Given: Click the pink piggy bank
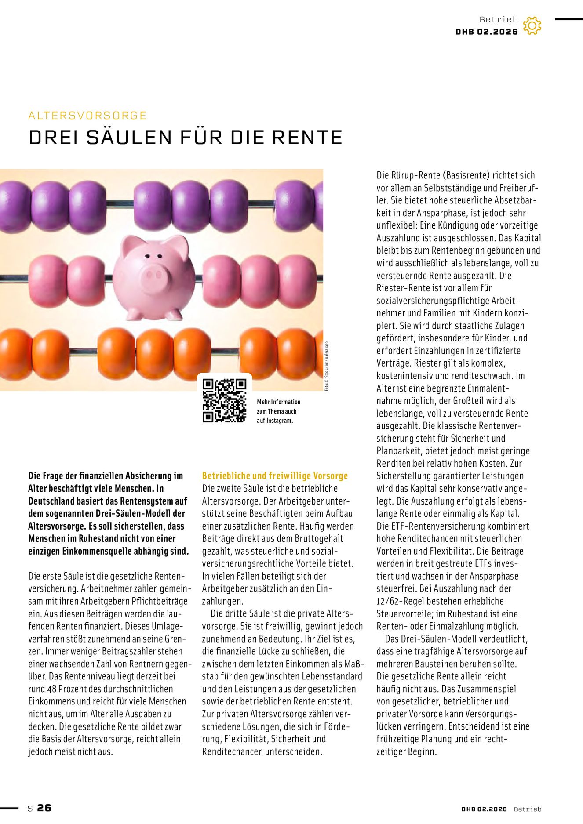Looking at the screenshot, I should click(x=154, y=277).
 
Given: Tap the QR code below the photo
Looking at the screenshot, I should click(x=224, y=400).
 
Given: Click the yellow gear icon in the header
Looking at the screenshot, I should click(x=532, y=26).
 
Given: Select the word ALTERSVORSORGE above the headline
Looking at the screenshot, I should click(x=87, y=116).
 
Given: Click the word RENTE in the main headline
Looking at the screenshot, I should click(x=307, y=138).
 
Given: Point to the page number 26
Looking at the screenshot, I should click(x=44, y=808).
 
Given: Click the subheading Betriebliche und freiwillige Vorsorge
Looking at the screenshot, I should click(x=275, y=476).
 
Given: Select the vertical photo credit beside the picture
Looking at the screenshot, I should click(x=326, y=366).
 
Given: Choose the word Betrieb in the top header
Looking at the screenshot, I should click(x=499, y=19).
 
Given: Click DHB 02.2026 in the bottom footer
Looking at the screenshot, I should click(x=484, y=809).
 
